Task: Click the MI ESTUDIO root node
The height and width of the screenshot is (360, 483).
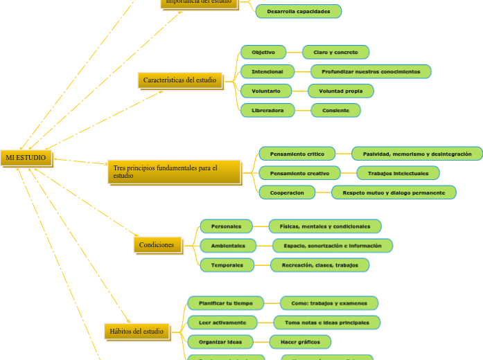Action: pos(26,158)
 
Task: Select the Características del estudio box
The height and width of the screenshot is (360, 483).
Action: pos(180,80)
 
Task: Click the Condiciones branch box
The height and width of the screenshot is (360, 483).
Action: pos(157,245)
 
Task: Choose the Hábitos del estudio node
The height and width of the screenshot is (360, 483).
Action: pos(137,332)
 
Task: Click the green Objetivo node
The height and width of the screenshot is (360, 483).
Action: pos(263,53)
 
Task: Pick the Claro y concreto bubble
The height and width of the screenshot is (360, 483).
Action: pos(335,53)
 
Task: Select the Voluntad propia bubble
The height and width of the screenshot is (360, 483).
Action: pos(340,91)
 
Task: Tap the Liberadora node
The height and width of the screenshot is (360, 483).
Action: pos(267,110)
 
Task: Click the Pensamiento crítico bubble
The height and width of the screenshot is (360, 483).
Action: pos(297,154)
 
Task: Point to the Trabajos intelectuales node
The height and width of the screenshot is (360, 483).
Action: pos(398,173)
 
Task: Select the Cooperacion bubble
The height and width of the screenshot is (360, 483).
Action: pos(287,192)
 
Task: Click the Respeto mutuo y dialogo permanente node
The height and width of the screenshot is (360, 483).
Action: pos(394,192)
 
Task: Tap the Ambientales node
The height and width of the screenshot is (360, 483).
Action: pos(228,246)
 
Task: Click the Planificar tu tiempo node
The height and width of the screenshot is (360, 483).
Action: pos(226,303)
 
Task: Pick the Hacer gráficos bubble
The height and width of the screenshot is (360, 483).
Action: pos(299,342)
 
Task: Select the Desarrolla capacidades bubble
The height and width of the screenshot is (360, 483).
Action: pos(298,11)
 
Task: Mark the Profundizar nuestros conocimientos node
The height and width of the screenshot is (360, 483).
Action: pos(371,71)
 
